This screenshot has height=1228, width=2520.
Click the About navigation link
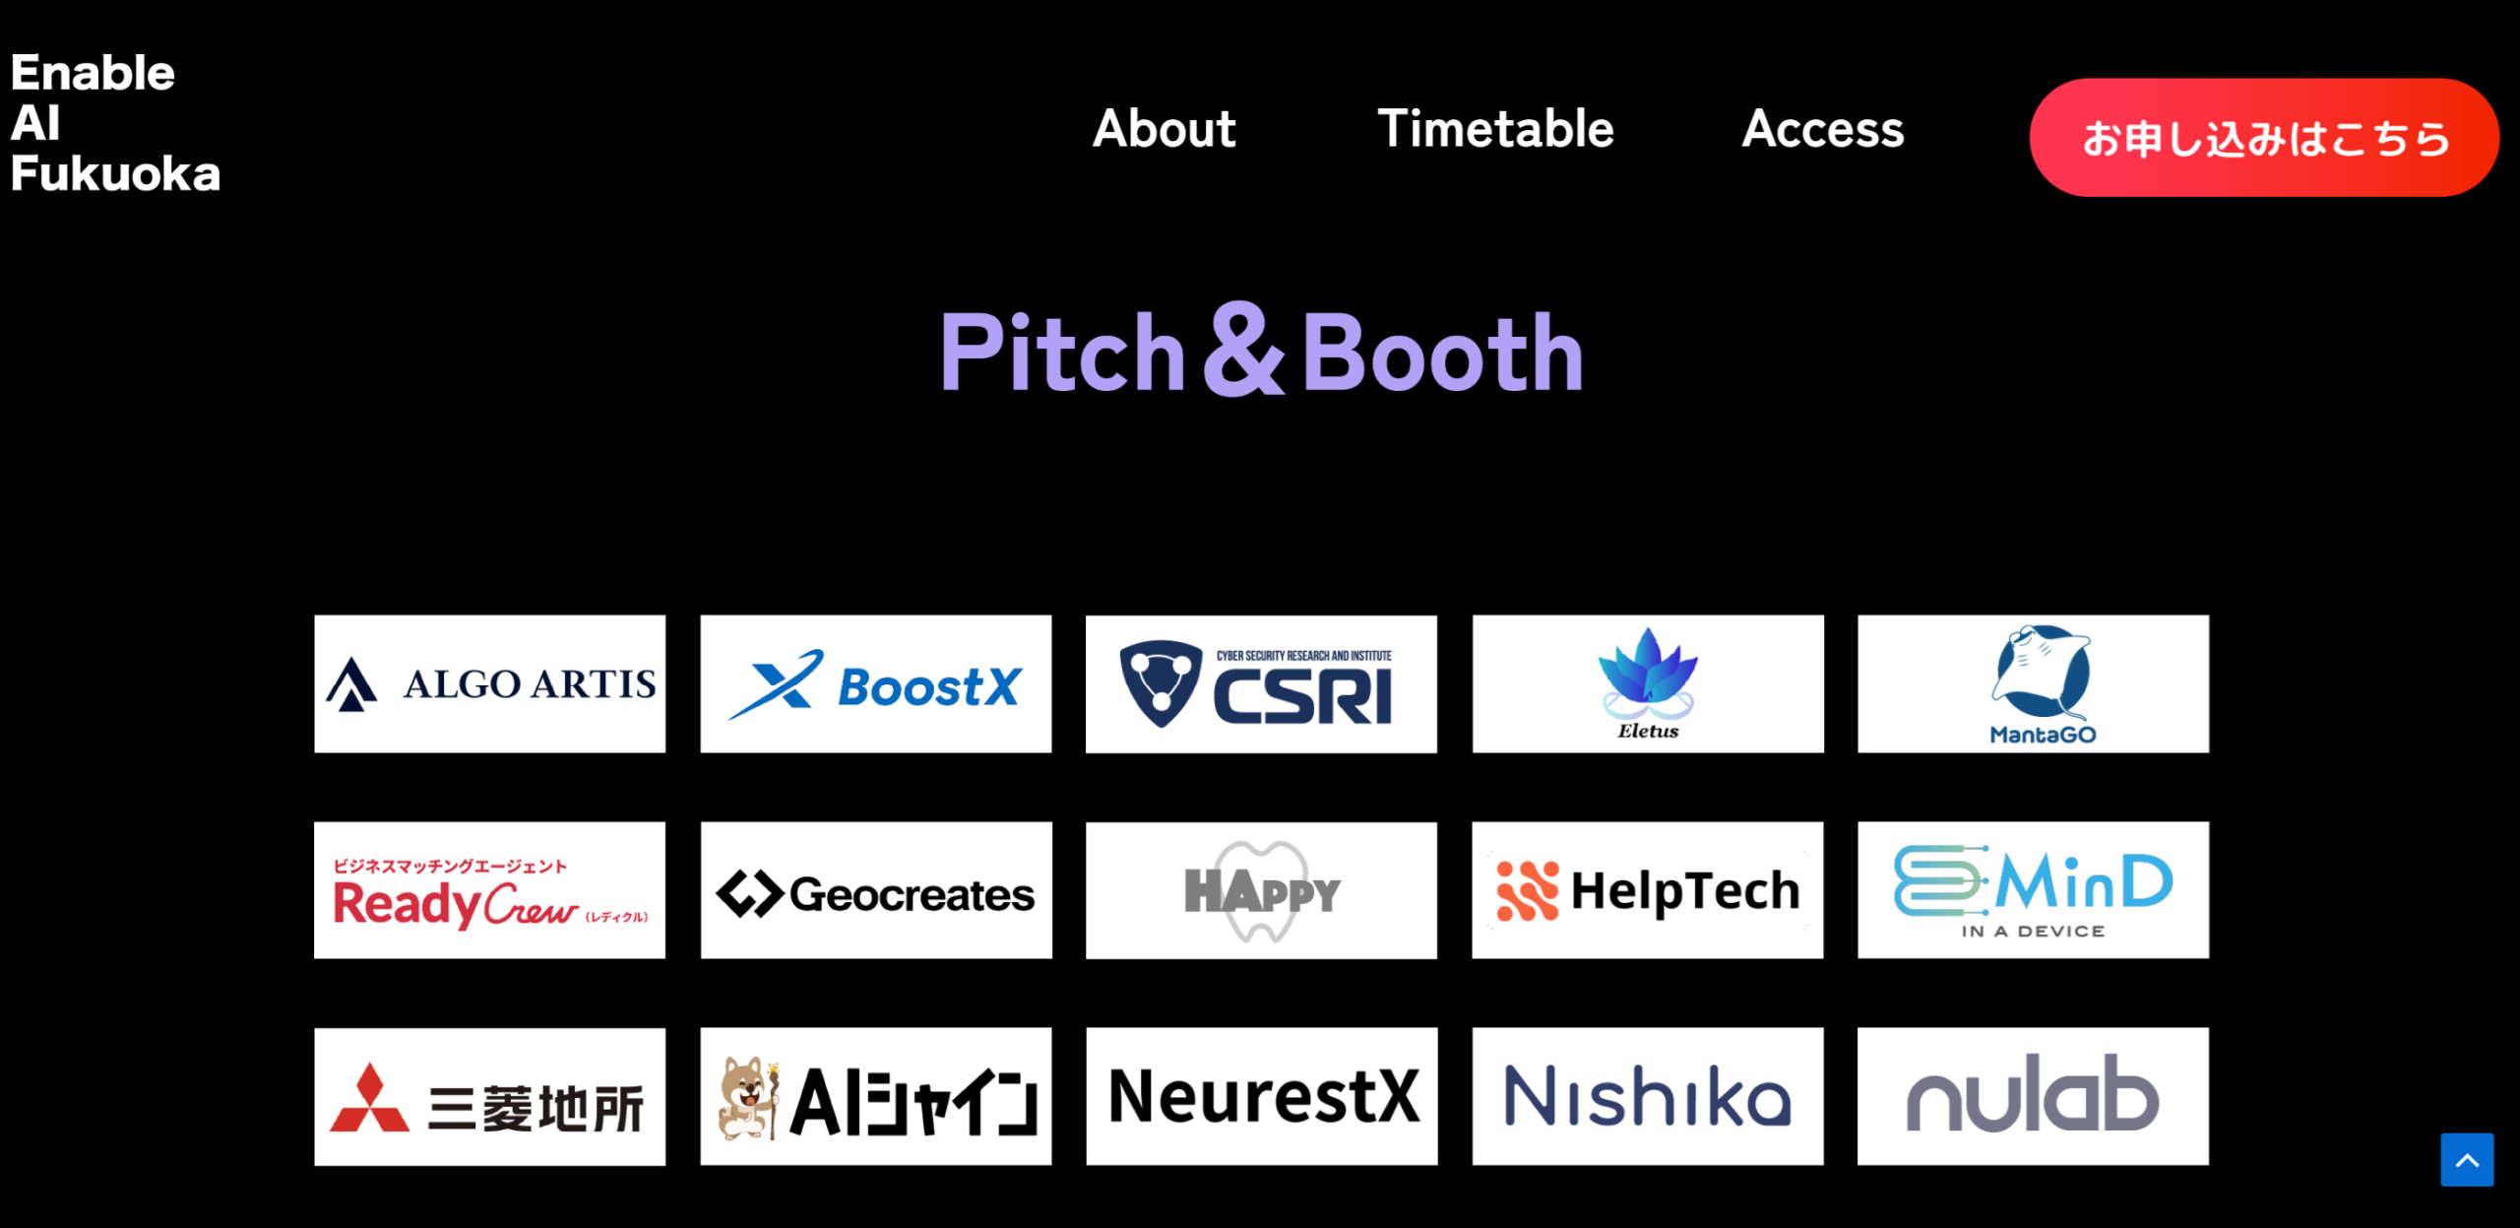tap(1164, 129)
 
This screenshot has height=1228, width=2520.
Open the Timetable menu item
tap(1495, 129)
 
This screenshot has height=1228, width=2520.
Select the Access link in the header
tap(1823, 129)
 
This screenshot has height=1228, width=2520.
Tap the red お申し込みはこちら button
tap(2264, 138)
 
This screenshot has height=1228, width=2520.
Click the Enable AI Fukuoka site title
tap(115, 123)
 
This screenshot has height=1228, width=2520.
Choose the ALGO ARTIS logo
tap(490, 684)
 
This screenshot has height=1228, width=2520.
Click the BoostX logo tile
tap(876, 684)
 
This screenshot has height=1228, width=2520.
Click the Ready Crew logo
tap(490, 890)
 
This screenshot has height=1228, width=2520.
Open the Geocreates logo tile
tap(876, 890)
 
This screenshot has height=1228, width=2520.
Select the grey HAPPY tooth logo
tap(1261, 890)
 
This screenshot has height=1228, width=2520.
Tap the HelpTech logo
tap(1648, 890)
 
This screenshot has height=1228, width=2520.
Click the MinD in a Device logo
tap(2034, 890)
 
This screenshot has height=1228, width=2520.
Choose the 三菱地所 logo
tap(490, 1097)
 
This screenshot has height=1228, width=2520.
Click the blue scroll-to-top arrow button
tap(2467, 1160)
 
